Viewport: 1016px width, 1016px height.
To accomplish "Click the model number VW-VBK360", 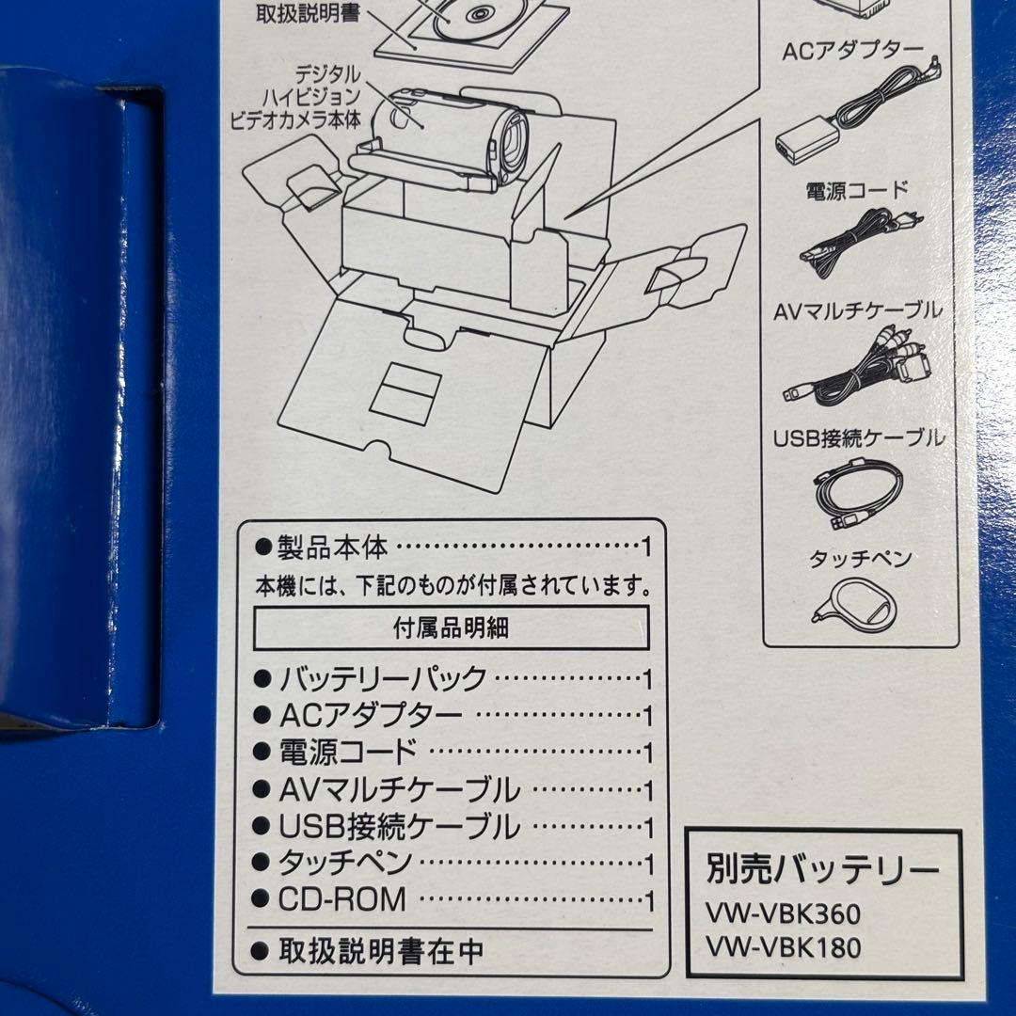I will [x=784, y=913].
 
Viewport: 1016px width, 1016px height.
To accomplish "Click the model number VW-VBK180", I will [x=784, y=948].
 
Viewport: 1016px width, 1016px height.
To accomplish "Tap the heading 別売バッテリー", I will [x=822, y=869].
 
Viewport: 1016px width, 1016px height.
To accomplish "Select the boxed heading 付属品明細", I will [x=451, y=628].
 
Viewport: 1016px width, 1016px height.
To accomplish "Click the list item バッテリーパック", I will [x=382, y=678].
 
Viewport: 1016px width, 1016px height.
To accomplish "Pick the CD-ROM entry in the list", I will [x=342, y=899].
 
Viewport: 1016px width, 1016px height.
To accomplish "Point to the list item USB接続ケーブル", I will [x=399, y=826].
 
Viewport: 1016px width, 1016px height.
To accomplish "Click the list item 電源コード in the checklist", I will [x=347, y=752].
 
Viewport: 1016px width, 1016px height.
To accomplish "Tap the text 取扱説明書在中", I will [x=381, y=951].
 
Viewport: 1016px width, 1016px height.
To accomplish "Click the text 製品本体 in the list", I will [x=334, y=547].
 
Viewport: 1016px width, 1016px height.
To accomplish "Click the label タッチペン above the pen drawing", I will [x=860, y=558].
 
